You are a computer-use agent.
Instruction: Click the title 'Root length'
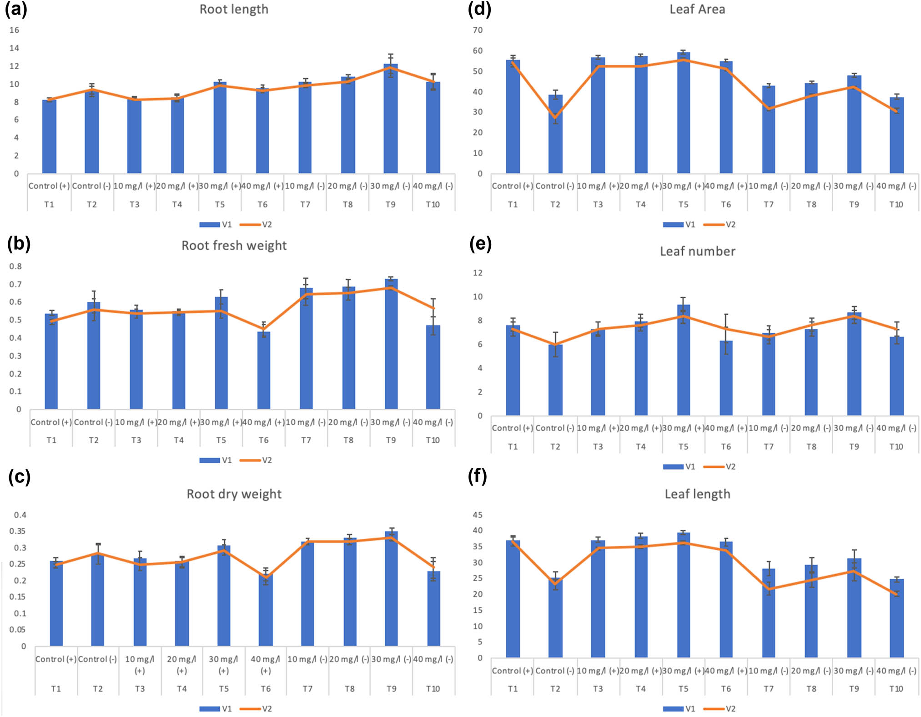(234, 10)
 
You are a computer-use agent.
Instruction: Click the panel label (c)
(19, 477)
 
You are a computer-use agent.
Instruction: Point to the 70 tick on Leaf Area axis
(478, 30)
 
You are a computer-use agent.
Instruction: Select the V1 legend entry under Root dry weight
(216, 708)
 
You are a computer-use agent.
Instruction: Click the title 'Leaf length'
(697, 494)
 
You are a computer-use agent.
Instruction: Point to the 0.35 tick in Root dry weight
(18, 531)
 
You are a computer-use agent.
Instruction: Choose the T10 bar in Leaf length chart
(896, 618)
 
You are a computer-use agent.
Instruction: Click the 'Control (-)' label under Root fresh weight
(93, 422)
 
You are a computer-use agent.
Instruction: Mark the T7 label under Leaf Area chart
(768, 205)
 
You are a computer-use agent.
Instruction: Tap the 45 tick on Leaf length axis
(478, 515)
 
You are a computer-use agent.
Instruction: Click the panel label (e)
(480, 244)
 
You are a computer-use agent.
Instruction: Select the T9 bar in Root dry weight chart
(391, 589)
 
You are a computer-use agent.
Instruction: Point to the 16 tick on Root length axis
(14, 30)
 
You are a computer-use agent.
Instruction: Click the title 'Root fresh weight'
(234, 246)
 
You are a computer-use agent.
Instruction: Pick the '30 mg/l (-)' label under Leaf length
(853, 671)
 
